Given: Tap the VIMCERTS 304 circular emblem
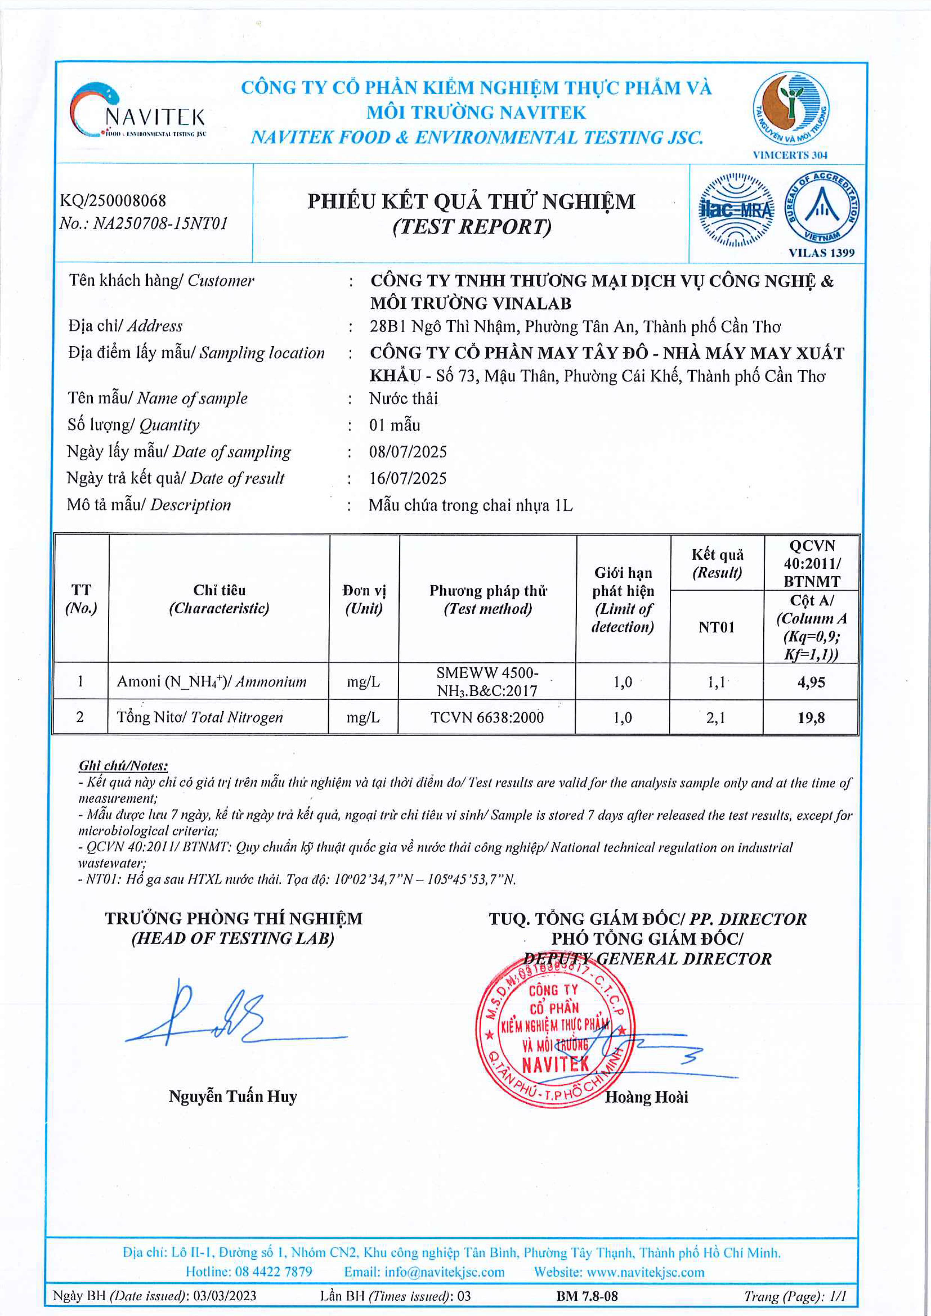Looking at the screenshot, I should click(x=791, y=109).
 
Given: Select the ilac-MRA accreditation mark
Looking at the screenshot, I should click(x=736, y=210).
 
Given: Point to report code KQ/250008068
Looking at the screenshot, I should click(x=113, y=201).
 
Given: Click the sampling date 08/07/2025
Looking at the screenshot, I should click(x=408, y=452).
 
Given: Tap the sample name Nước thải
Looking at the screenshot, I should click(x=403, y=398).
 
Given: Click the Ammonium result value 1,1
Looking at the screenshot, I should click(x=716, y=682).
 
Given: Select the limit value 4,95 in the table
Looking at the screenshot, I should click(x=811, y=682).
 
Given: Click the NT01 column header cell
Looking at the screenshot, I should click(x=716, y=627).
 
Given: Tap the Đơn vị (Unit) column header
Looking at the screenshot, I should click(x=364, y=599).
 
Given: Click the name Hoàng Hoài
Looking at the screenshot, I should click(x=646, y=1097).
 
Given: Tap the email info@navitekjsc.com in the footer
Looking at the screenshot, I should click(x=424, y=1272).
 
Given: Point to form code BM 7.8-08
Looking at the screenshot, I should click(x=587, y=1296).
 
